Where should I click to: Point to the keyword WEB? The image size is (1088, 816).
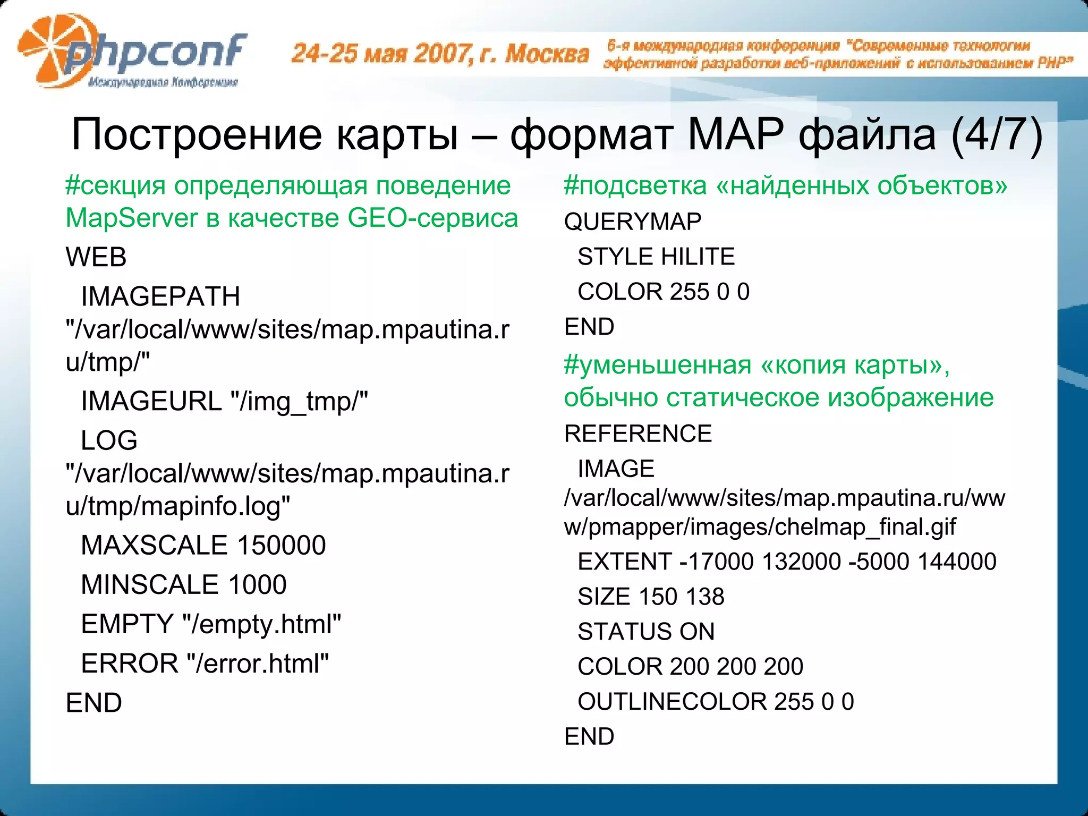point(96,258)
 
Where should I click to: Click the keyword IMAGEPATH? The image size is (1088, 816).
point(160,296)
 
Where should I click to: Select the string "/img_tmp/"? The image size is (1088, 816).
point(299,401)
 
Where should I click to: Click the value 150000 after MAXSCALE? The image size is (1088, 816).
point(282,546)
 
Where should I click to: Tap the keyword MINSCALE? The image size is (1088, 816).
point(149,585)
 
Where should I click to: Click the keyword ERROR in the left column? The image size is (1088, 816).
point(129,664)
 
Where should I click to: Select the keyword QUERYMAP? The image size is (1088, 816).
point(633,222)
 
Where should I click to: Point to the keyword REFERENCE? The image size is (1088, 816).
point(638,434)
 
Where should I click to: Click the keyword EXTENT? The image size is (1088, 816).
point(625,562)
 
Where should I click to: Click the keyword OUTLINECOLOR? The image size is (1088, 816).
point(671,702)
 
